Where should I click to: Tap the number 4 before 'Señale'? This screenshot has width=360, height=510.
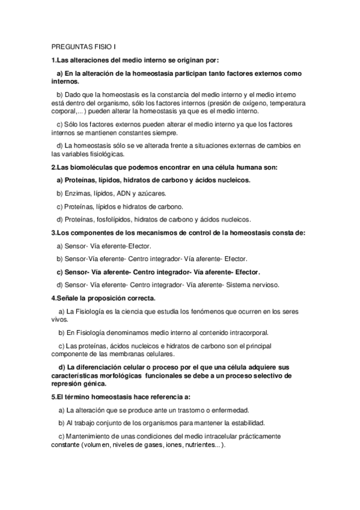click(53, 298)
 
